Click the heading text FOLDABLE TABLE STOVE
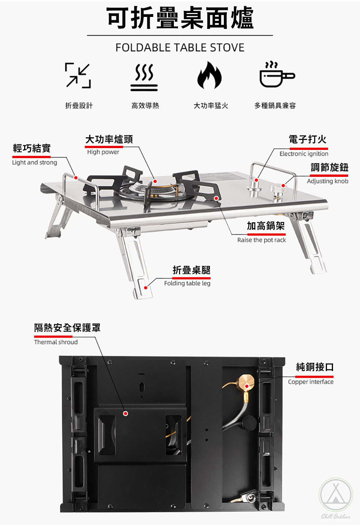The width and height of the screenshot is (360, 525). pos(180,48)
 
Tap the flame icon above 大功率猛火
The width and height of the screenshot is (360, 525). pos(209,75)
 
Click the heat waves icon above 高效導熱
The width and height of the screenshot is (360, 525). pos(144,77)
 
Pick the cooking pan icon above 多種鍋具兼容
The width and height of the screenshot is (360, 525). pos(276,75)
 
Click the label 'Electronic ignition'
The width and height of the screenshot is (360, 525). pos(304,154)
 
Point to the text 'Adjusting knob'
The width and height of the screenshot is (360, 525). pos(327,181)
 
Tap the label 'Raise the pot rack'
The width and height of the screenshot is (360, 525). pos(261,240)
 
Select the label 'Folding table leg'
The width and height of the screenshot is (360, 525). pos(187,283)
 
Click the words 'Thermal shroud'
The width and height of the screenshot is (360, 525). pos(56,342)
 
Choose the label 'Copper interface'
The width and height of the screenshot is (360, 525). pos(311,382)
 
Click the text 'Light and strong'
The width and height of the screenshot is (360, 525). pos(35,163)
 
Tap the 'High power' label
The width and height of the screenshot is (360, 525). pos(103,152)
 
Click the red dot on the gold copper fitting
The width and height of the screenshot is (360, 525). pos(247,386)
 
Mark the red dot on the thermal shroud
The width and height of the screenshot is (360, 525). pos(126,413)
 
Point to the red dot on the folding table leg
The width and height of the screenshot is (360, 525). pos(145,288)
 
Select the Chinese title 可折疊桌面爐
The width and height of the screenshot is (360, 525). pos(180,18)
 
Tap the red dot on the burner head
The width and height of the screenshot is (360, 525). pos(155,181)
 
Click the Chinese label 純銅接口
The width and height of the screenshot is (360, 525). pos(315,367)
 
